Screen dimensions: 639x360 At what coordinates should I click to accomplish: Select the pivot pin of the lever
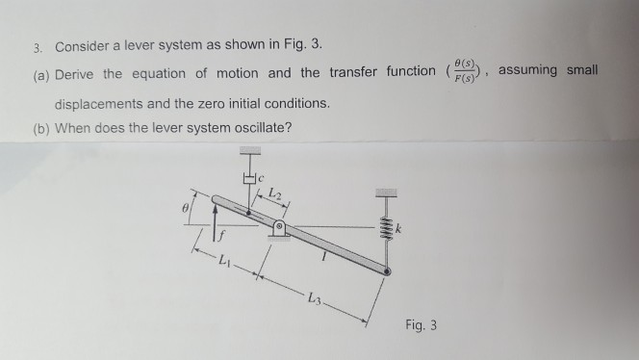coord(277,228)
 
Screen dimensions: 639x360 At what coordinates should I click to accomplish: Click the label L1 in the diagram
coord(223,261)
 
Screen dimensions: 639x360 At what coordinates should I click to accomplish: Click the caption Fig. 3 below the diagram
coord(420,324)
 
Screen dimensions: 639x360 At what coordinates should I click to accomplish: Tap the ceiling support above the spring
coord(387,192)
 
